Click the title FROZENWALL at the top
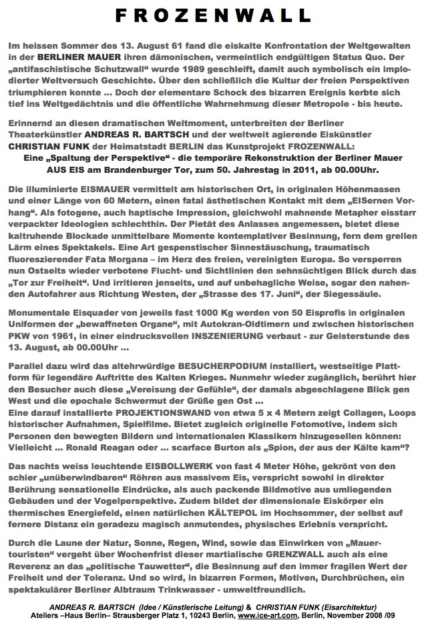pos(213,15)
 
